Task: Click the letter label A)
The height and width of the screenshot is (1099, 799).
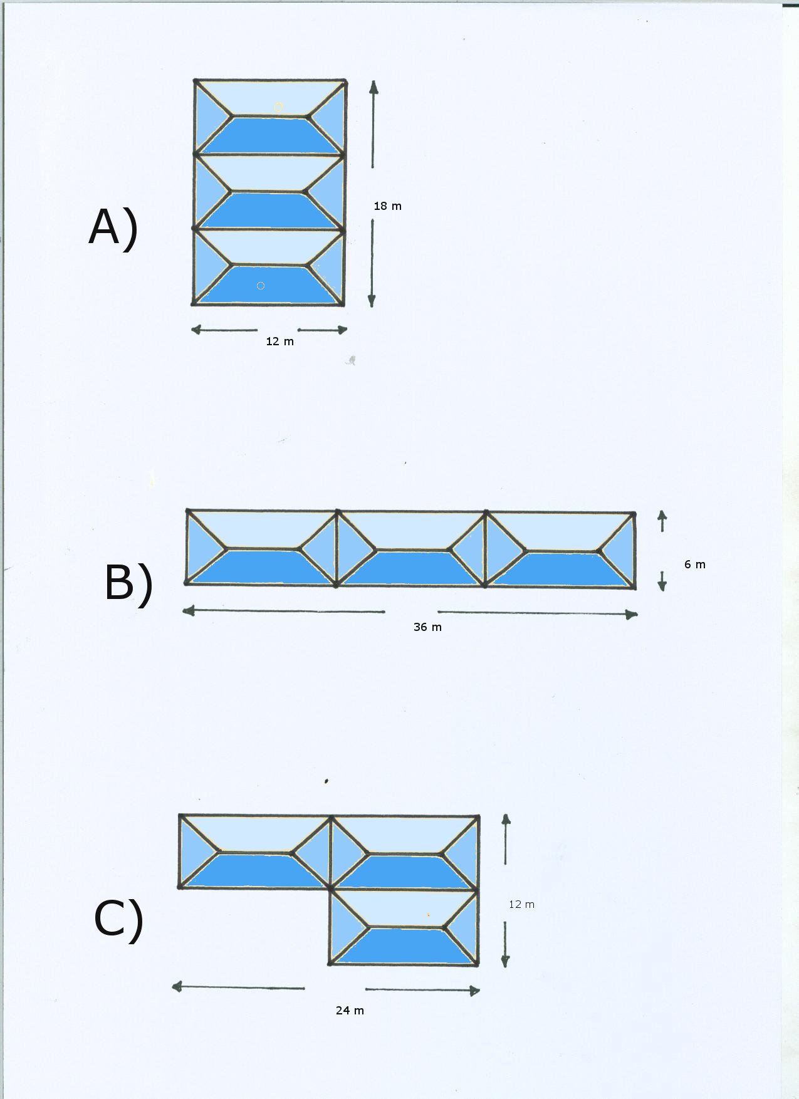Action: click(x=113, y=227)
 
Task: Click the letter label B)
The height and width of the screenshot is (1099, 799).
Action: click(x=128, y=583)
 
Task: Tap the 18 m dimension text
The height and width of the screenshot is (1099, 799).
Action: click(x=387, y=206)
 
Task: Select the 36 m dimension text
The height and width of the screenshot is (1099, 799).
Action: click(x=427, y=627)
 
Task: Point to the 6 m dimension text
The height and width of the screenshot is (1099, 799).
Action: click(x=694, y=565)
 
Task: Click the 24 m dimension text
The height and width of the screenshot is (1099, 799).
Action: click(x=350, y=1010)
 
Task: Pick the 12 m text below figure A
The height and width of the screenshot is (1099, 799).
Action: click(x=279, y=341)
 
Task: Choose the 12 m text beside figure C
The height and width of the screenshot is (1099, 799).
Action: click(x=521, y=904)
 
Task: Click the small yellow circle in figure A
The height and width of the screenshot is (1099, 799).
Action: click(x=278, y=107)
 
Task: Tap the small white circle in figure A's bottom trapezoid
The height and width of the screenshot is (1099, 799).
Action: click(x=261, y=286)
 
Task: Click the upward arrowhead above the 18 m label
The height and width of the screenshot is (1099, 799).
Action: click(x=373, y=87)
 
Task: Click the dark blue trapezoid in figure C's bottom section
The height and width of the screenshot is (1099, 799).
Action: click(x=404, y=945)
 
